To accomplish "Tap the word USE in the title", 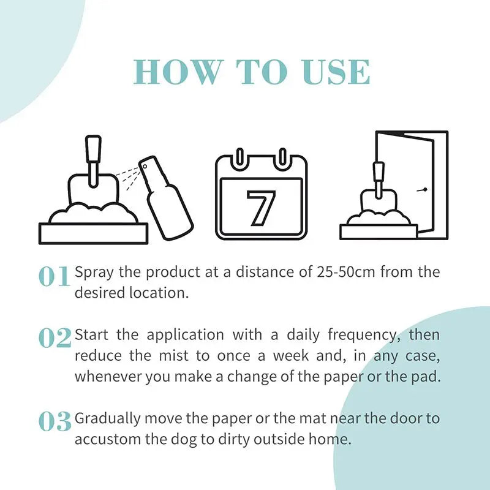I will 337,72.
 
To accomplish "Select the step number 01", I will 54,277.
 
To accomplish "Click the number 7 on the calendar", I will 261,208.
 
